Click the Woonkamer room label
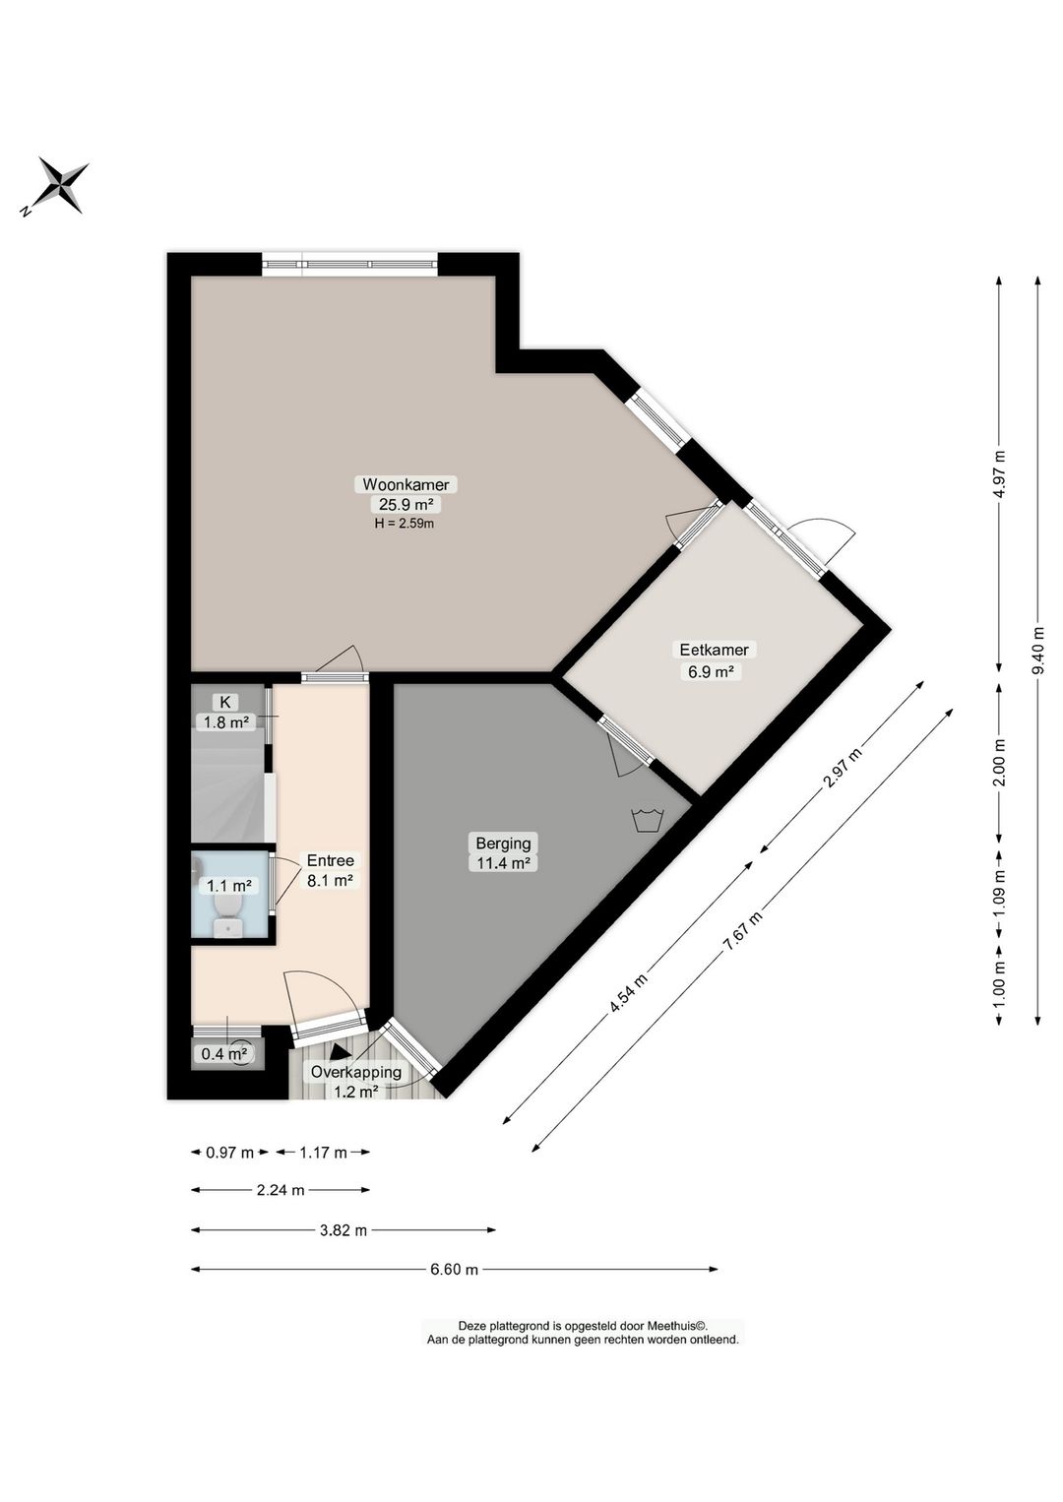[x=406, y=484]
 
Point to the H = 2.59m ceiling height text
[x=405, y=524]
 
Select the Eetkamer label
[x=715, y=650]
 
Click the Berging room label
[x=503, y=844]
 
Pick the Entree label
[x=330, y=860]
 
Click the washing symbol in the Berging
[x=648, y=820]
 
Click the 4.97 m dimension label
[x=999, y=474]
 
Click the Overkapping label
[x=355, y=1072]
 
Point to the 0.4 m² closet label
[x=224, y=1054]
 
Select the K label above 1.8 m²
[x=225, y=702]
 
